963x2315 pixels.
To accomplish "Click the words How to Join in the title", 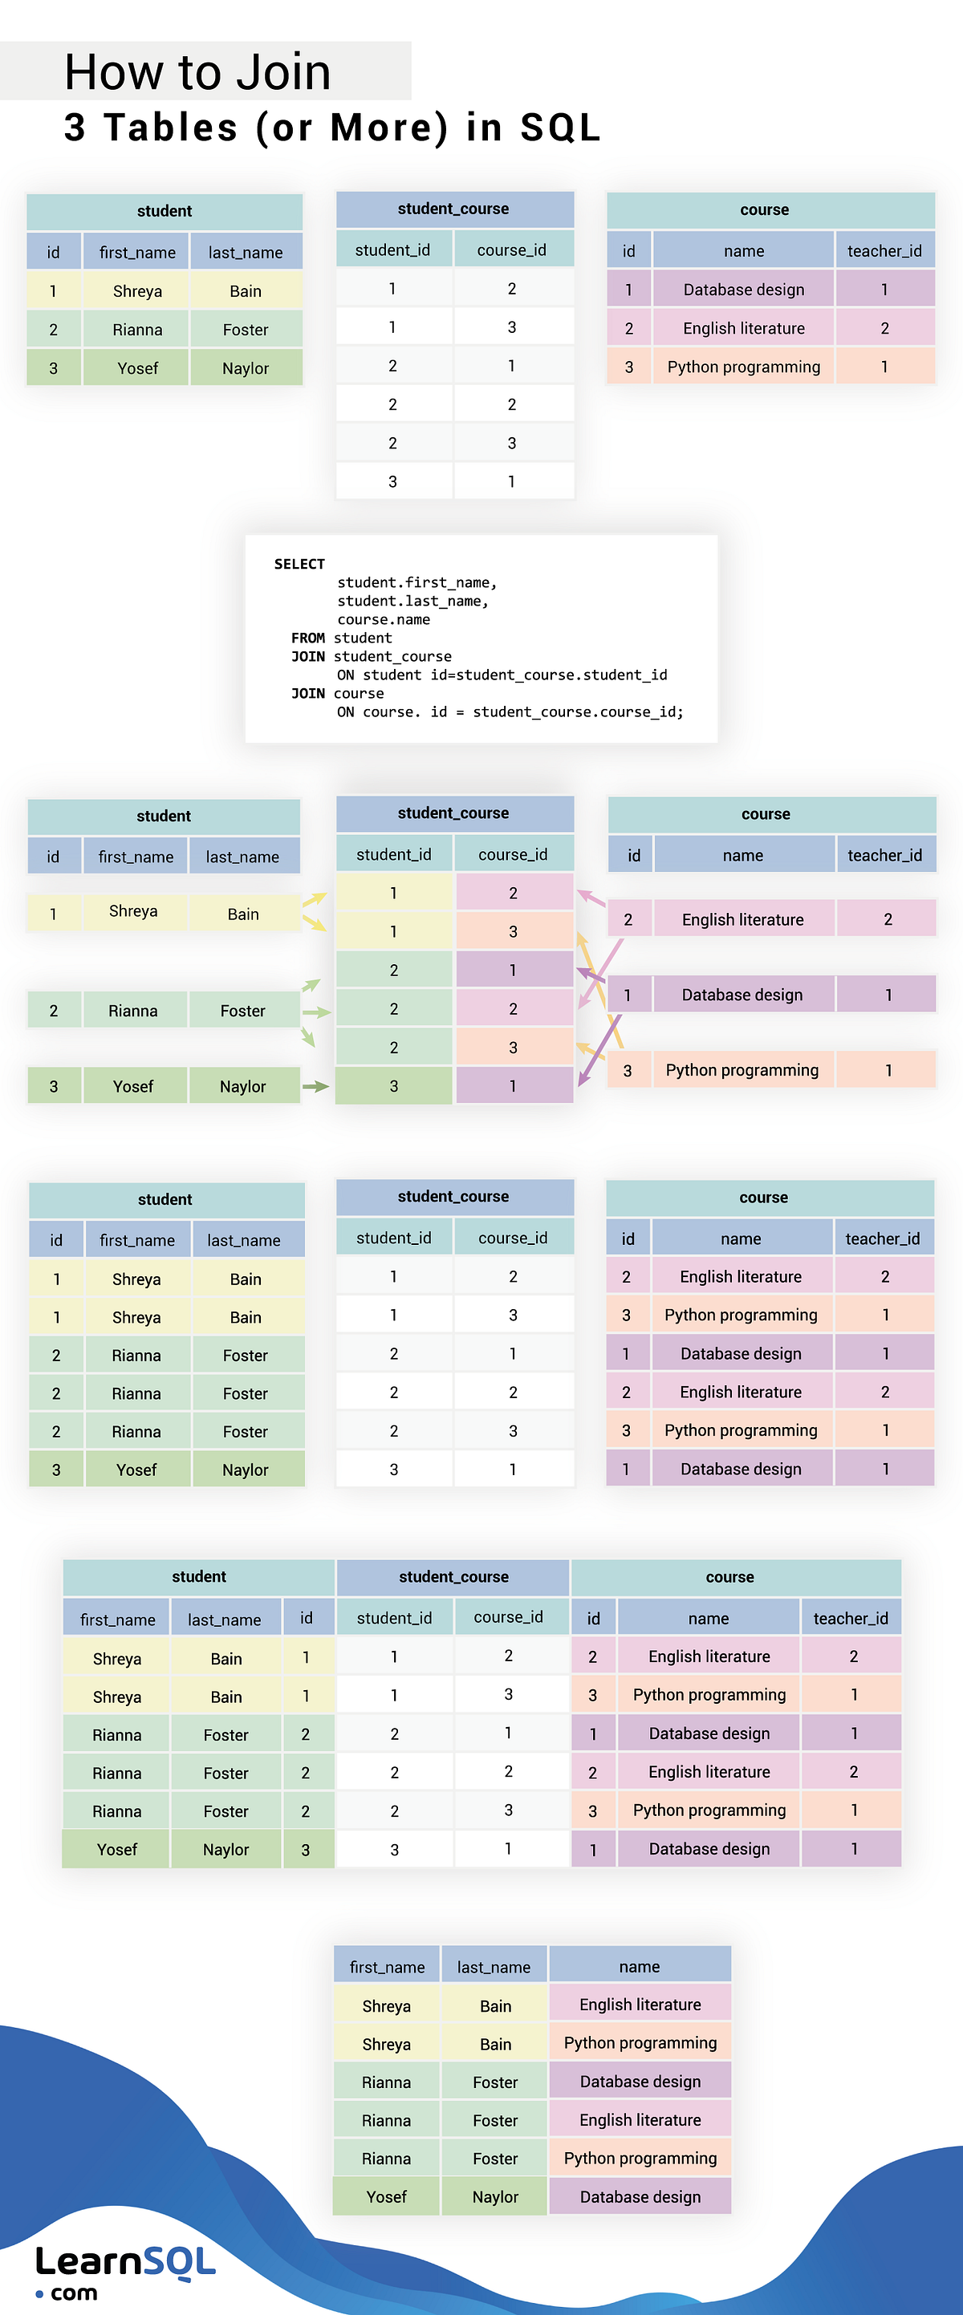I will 197,72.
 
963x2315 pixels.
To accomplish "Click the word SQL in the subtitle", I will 559,128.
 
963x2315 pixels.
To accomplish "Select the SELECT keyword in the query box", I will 299,563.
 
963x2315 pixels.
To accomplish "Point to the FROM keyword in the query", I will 307,638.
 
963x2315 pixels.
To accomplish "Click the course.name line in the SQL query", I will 383,619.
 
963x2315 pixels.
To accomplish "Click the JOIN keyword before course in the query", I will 307,693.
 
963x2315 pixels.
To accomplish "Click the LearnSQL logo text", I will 126,2261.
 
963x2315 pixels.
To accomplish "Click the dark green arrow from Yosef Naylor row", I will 315,1086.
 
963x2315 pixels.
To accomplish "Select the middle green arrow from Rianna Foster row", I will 315,1012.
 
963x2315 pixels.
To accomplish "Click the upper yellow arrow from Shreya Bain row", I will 314,898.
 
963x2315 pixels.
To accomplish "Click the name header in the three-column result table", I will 640,1966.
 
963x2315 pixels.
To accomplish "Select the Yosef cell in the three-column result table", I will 386,2196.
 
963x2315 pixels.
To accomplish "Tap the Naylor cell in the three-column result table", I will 494,2196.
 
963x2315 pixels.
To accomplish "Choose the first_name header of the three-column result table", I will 387,1966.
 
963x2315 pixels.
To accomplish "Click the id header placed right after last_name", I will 307,1618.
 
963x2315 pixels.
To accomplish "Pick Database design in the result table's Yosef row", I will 640,2196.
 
